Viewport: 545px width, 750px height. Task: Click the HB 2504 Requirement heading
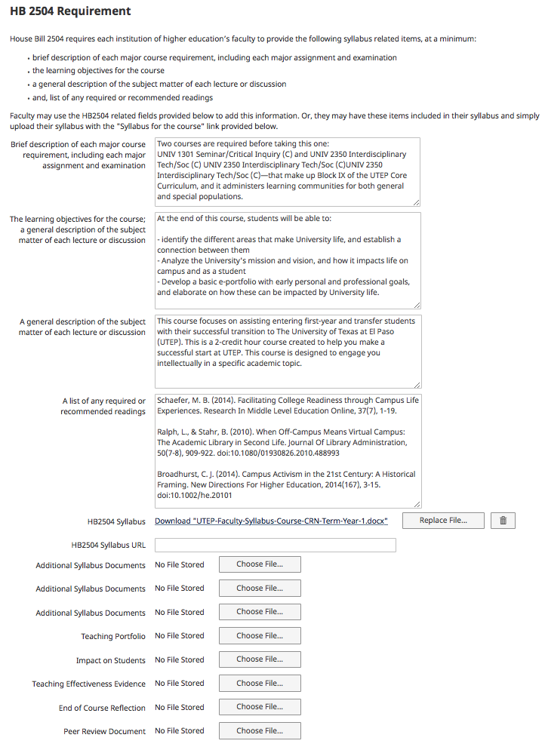(70, 12)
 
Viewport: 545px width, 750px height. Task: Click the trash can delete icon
(503, 521)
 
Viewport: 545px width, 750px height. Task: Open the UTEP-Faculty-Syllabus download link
(271, 521)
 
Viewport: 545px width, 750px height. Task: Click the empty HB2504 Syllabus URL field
(275, 545)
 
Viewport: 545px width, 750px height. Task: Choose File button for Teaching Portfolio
(260, 636)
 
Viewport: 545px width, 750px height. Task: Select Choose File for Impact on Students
(260, 659)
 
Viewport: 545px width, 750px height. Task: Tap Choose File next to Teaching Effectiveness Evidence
(260, 684)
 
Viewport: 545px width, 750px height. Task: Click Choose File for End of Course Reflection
(260, 707)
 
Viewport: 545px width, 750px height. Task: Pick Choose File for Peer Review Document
(260, 731)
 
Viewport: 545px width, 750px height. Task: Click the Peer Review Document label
(104, 732)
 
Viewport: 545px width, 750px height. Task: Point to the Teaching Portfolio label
(113, 637)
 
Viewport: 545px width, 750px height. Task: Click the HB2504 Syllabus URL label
(108, 545)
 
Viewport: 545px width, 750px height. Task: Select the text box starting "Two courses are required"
(287, 171)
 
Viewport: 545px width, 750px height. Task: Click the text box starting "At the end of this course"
(287, 260)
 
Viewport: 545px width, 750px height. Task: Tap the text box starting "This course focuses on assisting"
(287, 352)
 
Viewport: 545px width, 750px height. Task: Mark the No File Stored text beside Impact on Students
(180, 660)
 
